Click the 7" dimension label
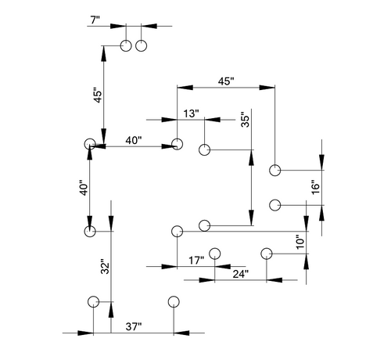pyautogui.click(x=95, y=20)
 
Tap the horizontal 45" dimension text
pyautogui.click(x=226, y=81)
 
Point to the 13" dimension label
pyautogui.click(x=191, y=113)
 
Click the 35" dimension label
pyautogui.click(x=246, y=120)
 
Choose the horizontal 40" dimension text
pyautogui.click(x=134, y=140)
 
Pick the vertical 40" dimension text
pyautogui.click(x=84, y=188)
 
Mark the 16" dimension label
pyautogui.click(x=315, y=187)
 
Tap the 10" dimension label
pyautogui.click(x=300, y=242)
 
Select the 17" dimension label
pyautogui.click(x=196, y=261)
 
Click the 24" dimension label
pyautogui.click(x=241, y=274)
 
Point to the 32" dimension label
pyautogui.click(x=105, y=267)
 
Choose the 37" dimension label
pyautogui.click(x=134, y=326)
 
